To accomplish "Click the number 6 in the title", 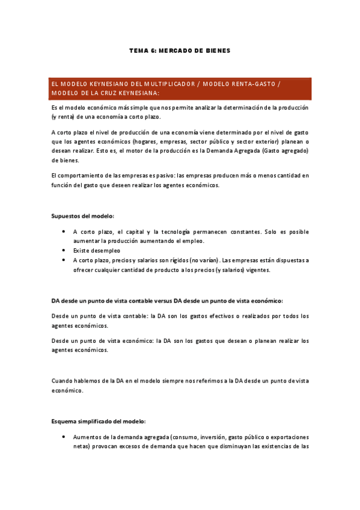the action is [x=153, y=51].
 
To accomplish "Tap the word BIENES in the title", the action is [x=217, y=51].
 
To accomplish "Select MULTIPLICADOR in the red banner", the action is [x=167, y=84].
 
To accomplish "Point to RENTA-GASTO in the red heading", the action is [x=255, y=84].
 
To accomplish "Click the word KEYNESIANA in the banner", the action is [x=139, y=93].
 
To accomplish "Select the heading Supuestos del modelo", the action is [x=82, y=215].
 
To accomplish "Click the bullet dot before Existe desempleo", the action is [x=64, y=250].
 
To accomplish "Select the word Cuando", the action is [x=61, y=381].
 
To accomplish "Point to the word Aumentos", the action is [x=87, y=437].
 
